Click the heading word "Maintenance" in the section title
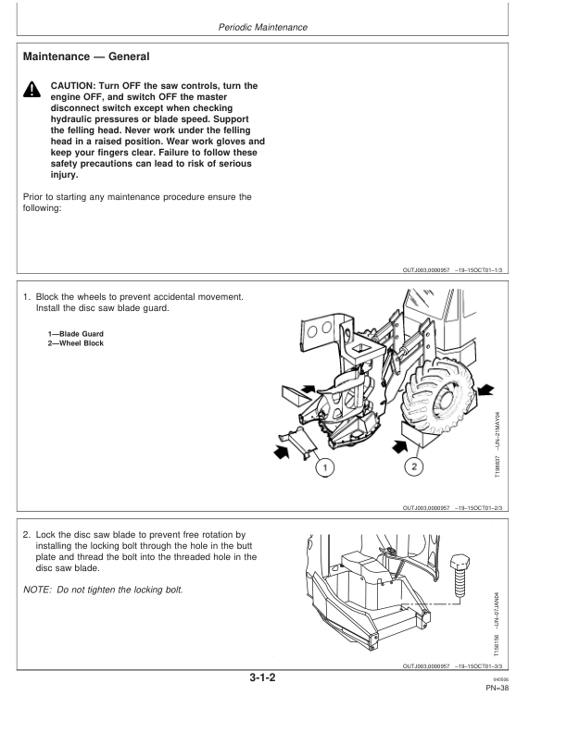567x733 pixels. [60, 57]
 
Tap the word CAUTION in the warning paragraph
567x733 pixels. [75, 86]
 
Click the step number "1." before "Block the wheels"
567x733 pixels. [27, 296]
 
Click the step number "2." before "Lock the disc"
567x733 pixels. [27, 560]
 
